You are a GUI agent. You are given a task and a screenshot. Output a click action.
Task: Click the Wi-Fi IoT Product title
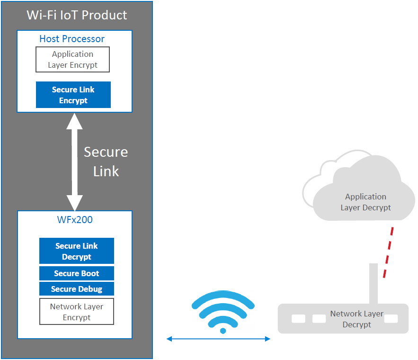click(x=77, y=15)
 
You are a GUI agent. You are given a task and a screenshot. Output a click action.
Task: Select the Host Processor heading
click(x=72, y=39)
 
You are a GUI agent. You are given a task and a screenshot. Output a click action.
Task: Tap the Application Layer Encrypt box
click(x=72, y=60)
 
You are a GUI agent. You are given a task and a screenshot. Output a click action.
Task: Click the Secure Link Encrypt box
click(x=73, y=95)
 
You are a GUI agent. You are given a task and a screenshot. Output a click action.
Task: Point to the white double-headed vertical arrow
click(x=74, y=162)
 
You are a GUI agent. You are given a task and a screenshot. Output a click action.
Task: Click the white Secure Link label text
click(x=106, y=162)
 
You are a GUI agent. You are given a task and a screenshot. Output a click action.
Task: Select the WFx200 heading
click(x=74, y=221)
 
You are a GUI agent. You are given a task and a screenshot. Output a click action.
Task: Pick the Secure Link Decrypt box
click(x=77, y=251)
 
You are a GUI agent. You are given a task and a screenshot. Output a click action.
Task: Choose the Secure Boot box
click(x=77, y=273)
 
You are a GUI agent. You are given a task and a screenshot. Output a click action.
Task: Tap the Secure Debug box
click(x=77, y=289)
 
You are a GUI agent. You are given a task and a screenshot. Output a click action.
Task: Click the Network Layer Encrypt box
click(x=77, y=312)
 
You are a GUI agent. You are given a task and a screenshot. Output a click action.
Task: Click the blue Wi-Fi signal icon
click(x=223, y=308)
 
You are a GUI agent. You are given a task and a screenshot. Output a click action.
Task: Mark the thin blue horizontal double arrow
click(x=218, y=339)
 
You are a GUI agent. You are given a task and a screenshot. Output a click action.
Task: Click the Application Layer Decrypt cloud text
click(x=365, y=202)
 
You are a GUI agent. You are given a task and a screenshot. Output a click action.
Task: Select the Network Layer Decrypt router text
click(x=357, y=319)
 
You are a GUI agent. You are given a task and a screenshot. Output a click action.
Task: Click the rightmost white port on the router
click(x=391, y=319)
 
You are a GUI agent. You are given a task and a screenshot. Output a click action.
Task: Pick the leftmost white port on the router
click(x=299, y=319)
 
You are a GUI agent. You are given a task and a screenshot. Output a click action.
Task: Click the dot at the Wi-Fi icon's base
click(x=223, y=330)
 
